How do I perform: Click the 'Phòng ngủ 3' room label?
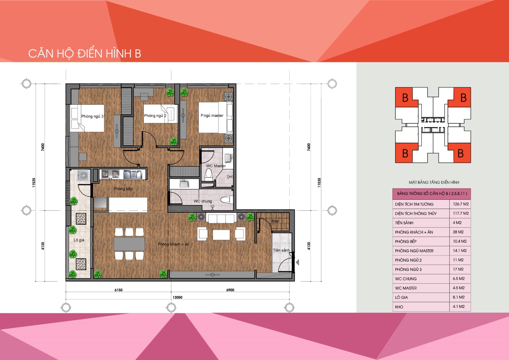pos(92,116)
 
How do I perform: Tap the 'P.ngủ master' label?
pos(212,115)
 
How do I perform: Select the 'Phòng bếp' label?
pos(123,189)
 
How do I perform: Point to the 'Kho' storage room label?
pos(275,221)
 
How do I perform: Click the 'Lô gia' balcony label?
pos(79,240)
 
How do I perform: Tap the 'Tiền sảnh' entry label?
pos(281,250)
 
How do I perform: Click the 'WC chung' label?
pos(203,201)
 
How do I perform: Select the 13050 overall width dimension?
pos(177,297)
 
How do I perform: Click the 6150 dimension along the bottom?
pos(118,290)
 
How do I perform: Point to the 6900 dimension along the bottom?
pos(230,290)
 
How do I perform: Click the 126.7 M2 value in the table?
pos(461,204)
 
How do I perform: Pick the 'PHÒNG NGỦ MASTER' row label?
pos(414,251)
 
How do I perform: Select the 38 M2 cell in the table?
pos(458,232)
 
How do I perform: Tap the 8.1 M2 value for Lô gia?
pos(459,297)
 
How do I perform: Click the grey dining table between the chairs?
pos(129,244)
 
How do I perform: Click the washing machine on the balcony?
pos(83,175)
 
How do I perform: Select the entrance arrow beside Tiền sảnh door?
pos(297,263)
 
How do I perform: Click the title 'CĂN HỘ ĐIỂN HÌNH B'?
pos(85,54)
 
